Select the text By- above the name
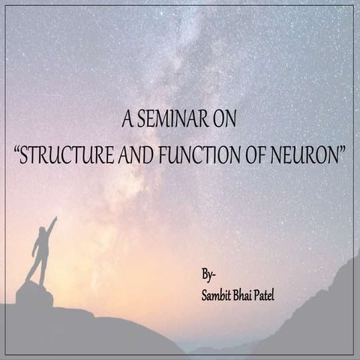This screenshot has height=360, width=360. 208,273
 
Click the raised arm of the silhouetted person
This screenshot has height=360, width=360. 50,226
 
